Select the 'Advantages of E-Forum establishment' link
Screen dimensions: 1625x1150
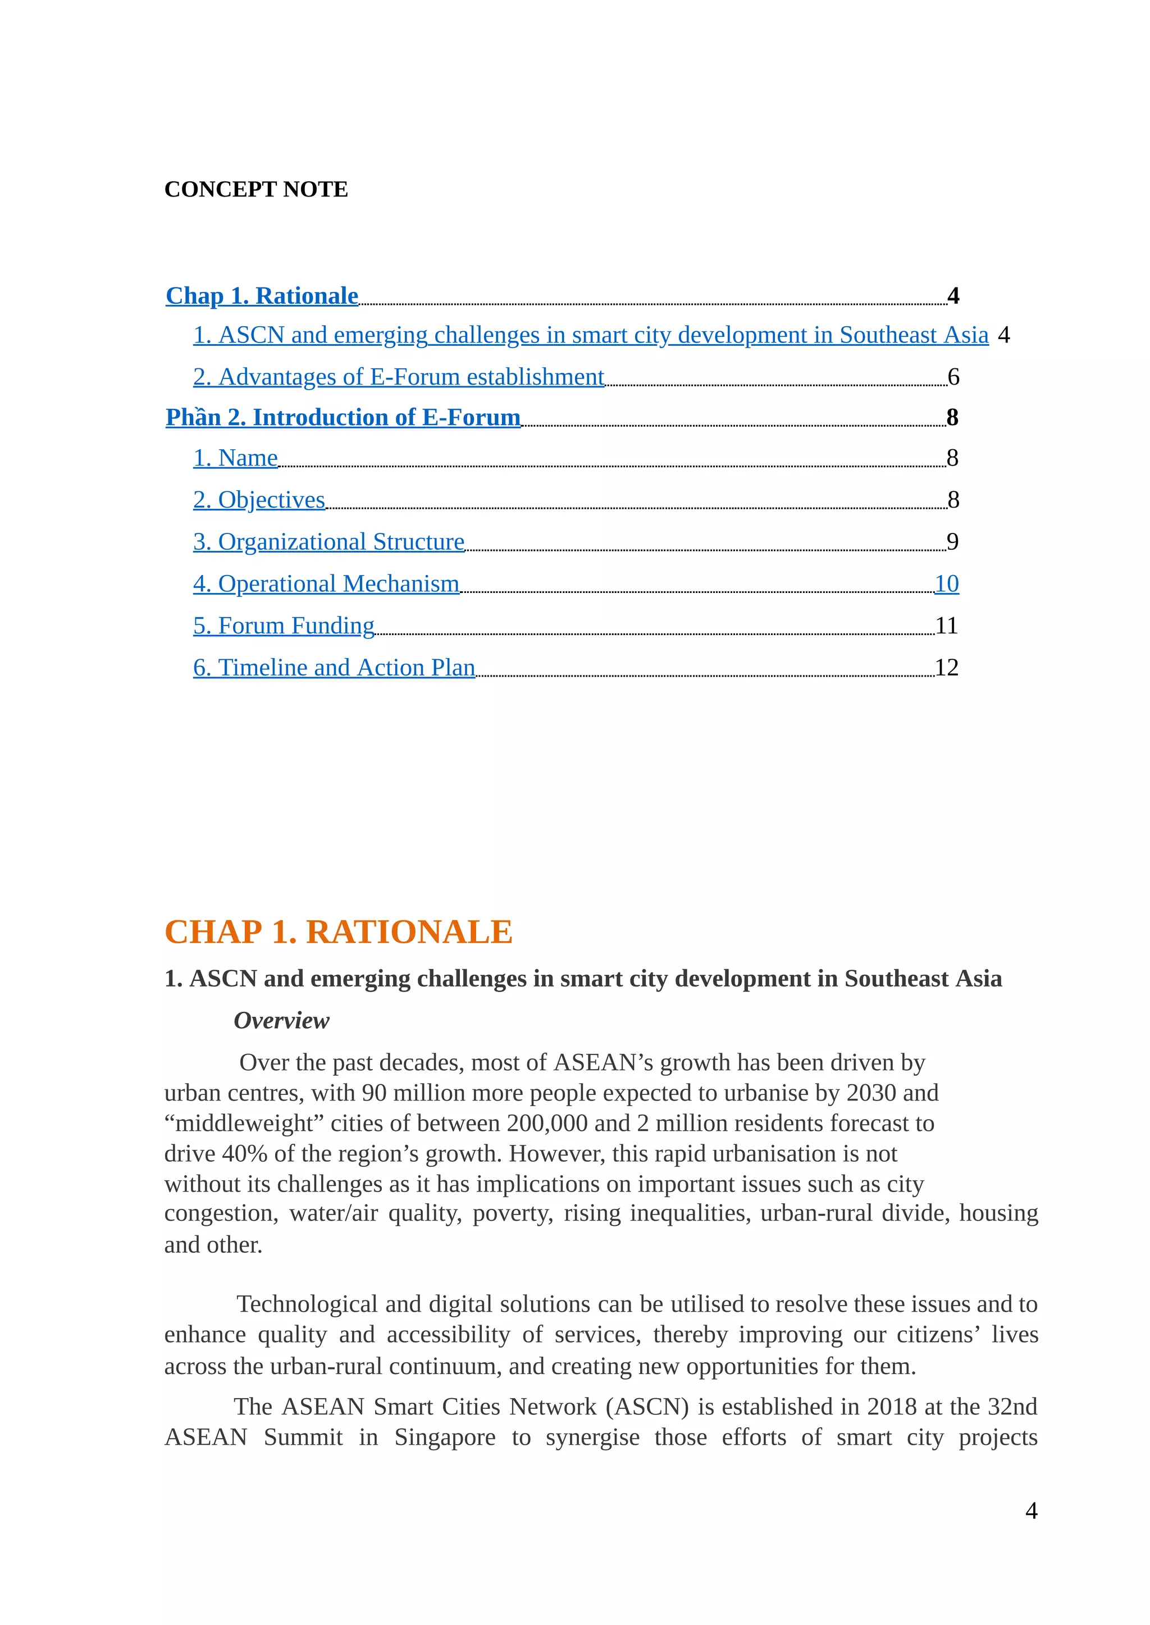(399, 377)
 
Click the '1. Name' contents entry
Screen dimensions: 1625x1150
(235, 458)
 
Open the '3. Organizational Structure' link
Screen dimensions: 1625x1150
(328, 542)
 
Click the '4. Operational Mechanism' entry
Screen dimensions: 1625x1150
(326, 583)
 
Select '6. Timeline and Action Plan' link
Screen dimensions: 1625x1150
(334, 667)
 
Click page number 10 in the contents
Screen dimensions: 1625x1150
(946, 583)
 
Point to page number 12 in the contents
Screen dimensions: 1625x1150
(946, 667)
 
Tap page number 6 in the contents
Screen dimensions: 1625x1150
(953, 377)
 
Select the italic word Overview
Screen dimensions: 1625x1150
(281, 1020)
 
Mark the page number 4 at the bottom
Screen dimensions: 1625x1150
(1031, 1510)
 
